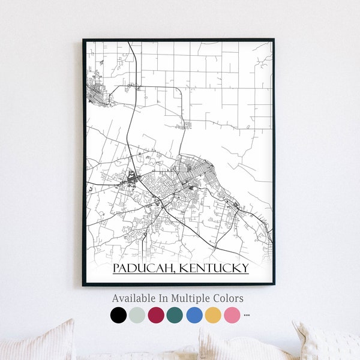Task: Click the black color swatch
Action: point(119,315)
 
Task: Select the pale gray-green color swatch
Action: point(137,315)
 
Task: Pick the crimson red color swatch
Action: point(156,315)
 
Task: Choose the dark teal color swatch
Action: point(175,315)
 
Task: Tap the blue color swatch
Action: point(194,315)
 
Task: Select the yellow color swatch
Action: point(213,315)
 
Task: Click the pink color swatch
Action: point(232,315)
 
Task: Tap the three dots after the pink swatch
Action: point(247,315)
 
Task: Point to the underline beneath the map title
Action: point(181,274)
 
